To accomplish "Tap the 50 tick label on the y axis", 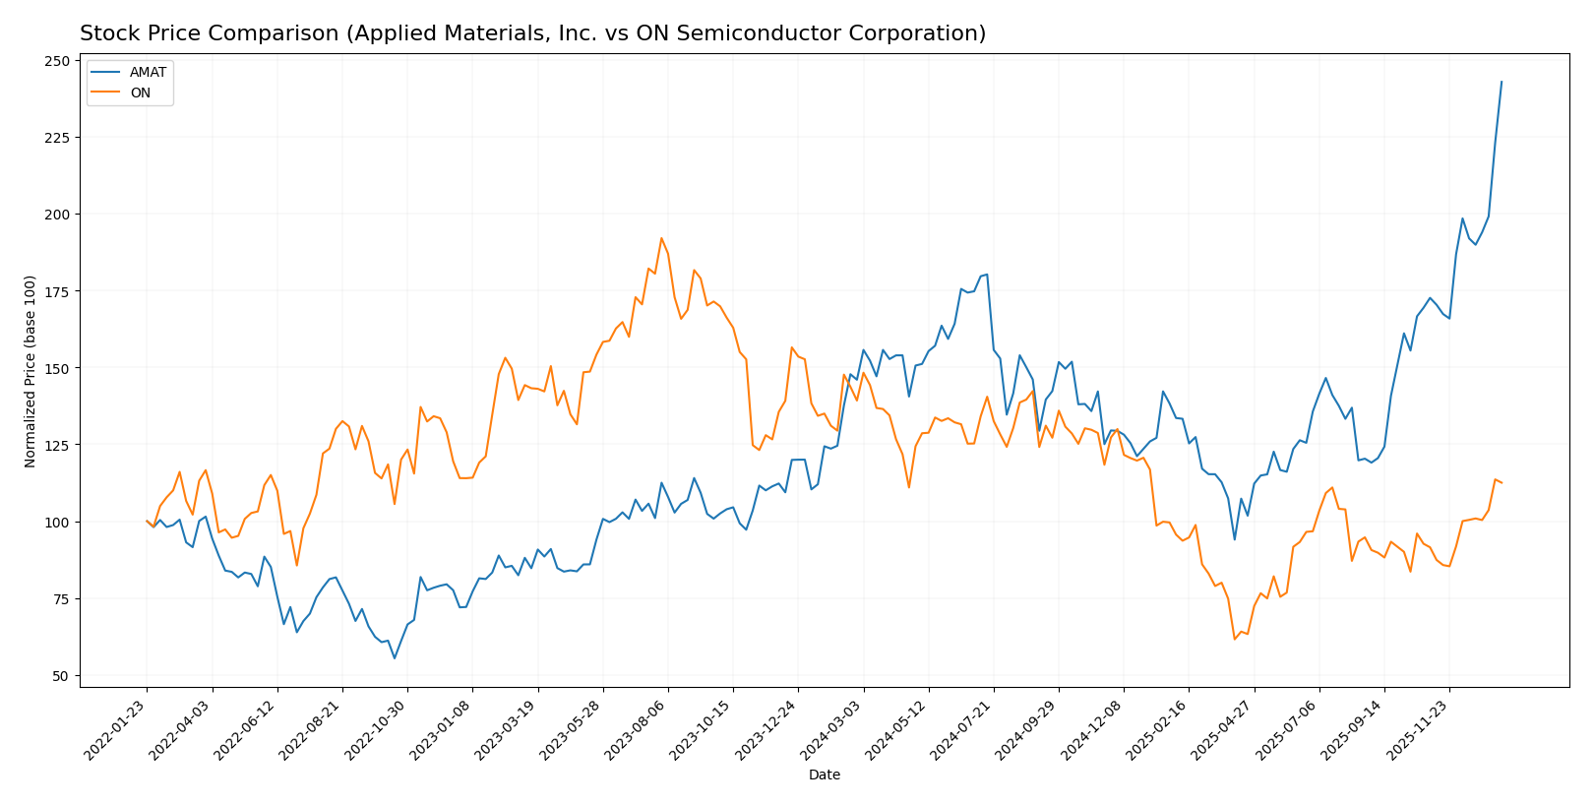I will (61, 676).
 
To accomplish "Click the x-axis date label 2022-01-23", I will (117, 731).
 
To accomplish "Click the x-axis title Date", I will (824, 775).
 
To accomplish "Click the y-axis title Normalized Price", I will (31, 371).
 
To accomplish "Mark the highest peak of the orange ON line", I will (661, 238).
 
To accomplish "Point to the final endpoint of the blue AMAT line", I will (1502, 82).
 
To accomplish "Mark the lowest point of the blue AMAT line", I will (395, 658).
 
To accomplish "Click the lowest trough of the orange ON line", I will (1234, 640).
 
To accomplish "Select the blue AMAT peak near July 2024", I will (987, 275).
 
